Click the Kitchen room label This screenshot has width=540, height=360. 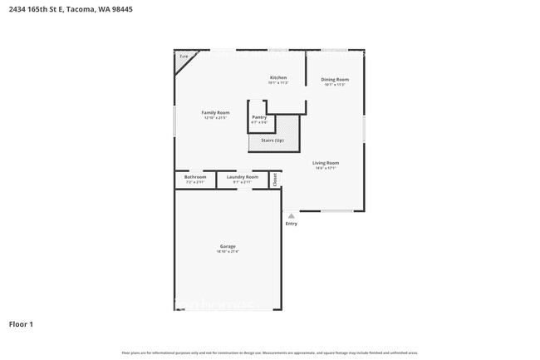point(277,77)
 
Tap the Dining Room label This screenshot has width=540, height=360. point(335,79)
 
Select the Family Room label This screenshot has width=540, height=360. point(215,112)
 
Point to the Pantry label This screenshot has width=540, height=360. point(259,117)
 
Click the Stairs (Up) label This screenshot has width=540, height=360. point(272,140)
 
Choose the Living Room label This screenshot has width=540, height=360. point(325,162)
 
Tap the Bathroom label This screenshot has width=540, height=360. point(195,176)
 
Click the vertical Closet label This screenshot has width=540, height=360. point(274,179)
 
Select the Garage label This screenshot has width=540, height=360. point(228,246)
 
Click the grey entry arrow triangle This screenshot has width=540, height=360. point(291,215)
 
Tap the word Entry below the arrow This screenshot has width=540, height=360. point(291,223)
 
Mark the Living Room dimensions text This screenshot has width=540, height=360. point(325,168)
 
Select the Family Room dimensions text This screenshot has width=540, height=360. point(215,118)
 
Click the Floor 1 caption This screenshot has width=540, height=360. point(21,323)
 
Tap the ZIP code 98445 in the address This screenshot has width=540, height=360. point(121,9)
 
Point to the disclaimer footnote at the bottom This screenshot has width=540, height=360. point(270,353)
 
